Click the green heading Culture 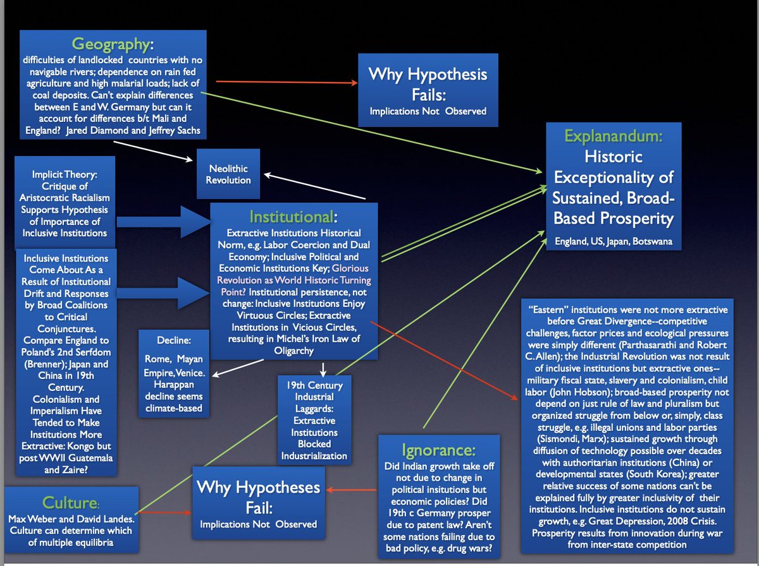click(70, 502)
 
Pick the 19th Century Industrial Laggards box click(314, 418)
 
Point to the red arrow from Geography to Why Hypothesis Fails click(285, 82)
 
